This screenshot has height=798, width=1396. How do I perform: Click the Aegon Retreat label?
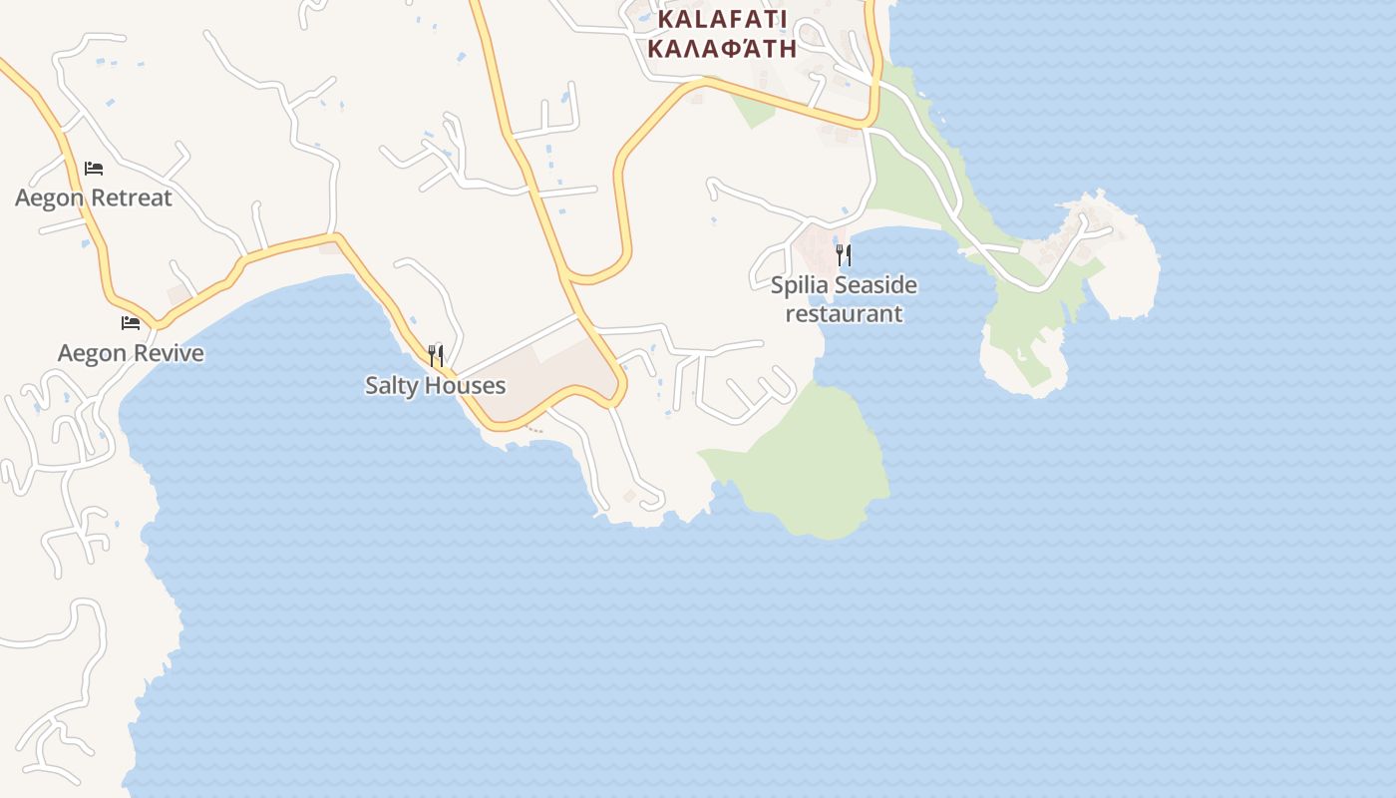point(94,198)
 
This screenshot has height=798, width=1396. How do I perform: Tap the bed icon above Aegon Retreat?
point(94,169)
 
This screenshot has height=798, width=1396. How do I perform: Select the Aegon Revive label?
point(131,353)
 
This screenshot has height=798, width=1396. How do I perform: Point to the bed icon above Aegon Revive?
point(131,322)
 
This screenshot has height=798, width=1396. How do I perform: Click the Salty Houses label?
point(436,386)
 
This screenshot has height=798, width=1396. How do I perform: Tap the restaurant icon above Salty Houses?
point(436,355)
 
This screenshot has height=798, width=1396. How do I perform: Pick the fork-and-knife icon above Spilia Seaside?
point(844,254)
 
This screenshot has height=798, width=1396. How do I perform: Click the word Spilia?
point(800,285)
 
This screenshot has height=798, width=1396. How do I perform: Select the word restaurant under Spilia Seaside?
point(844,314)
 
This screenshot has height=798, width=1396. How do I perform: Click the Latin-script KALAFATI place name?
point(722,20)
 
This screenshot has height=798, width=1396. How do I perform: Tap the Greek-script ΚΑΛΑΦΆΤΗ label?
point(722,48)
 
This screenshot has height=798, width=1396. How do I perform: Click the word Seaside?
point(875,285)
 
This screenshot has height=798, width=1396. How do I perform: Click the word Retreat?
point(131,198)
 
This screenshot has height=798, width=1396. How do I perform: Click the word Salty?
point(391,386)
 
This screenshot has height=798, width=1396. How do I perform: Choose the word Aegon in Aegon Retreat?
point(49,198)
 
